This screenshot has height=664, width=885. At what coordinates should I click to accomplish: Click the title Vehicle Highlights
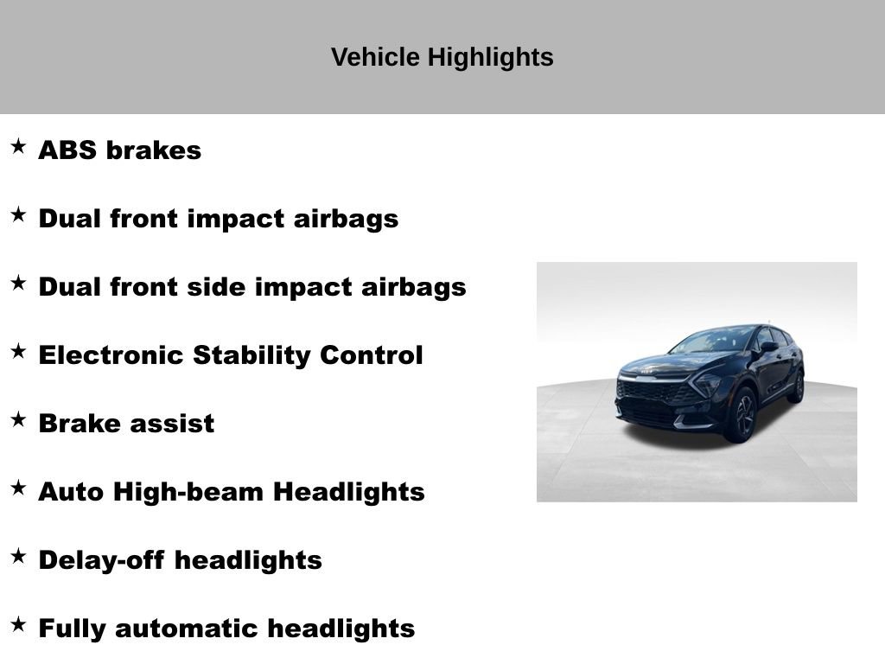[442, 58]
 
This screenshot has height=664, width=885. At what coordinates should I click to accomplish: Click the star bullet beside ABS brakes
[18, 146]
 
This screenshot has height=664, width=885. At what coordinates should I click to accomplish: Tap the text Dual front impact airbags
[218, 219]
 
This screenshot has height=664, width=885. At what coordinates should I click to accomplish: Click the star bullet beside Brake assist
[18, 419]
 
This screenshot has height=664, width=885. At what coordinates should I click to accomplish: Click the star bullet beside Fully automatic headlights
[18, 624]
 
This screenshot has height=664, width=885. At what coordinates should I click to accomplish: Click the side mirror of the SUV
[767, 347]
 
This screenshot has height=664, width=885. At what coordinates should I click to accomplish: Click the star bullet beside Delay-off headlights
[18, 556]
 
